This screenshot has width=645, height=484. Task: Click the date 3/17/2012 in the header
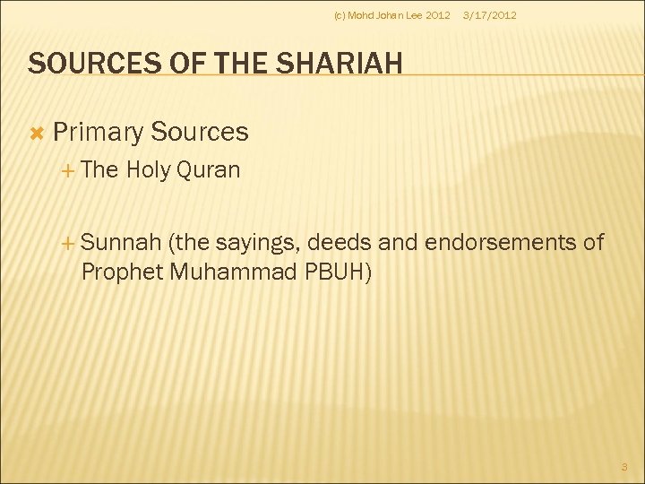(x=488, y=15)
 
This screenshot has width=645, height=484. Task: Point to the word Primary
(x=98, y=133)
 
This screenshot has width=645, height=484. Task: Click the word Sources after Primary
(x=199, y=133)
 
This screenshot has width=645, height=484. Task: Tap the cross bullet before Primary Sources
(x=37, y=133)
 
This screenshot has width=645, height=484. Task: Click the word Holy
(x=149, y=170)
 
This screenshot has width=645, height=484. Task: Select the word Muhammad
(x=231, y=271)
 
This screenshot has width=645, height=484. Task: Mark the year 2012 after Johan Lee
(x=438, y=15)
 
